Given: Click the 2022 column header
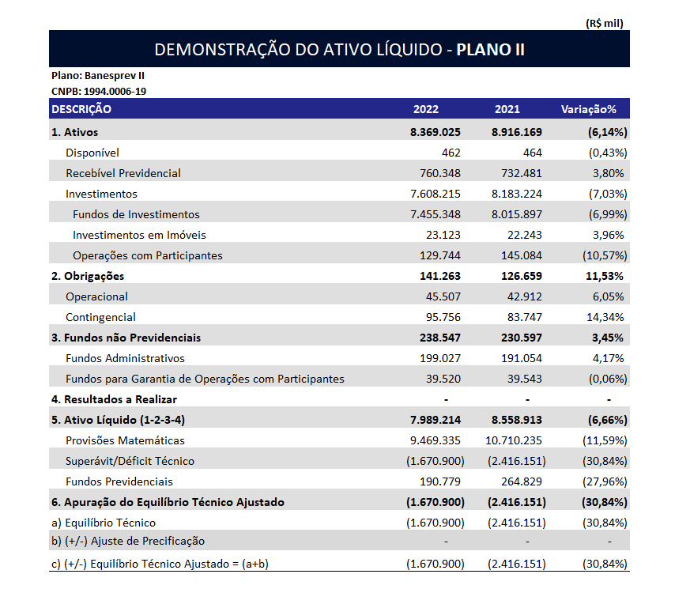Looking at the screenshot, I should pyautogui.click(x=425, y=109).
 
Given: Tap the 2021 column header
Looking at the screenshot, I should pyautogui.click(x=507, y=109).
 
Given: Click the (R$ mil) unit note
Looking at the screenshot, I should pyautogui.click(x=605, y=23).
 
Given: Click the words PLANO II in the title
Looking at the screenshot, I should pyautogui.click(x=491, y=50).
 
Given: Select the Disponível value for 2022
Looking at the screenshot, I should pyautogui.click(x=451, y=153).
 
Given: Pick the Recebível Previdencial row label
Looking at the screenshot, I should pyautogui.click(x=123, y=173).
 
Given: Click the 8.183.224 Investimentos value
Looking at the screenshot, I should pyautogui.click(x=515, y=194).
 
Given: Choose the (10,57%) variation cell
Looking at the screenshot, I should pyautogui.click(x=603, y=255).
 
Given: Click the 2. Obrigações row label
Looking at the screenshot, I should pyautogui.click(x=88, y=276).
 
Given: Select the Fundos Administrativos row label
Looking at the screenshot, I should pyautogui.click(x=125, y=358).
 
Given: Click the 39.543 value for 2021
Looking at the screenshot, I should pyautogui.click(x=525, y=379).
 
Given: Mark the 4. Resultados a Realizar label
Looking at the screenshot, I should pyautogui.click(x=114, y=399).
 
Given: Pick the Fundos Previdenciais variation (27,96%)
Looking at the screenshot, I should pyautogui.click(x=603, y=481).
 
